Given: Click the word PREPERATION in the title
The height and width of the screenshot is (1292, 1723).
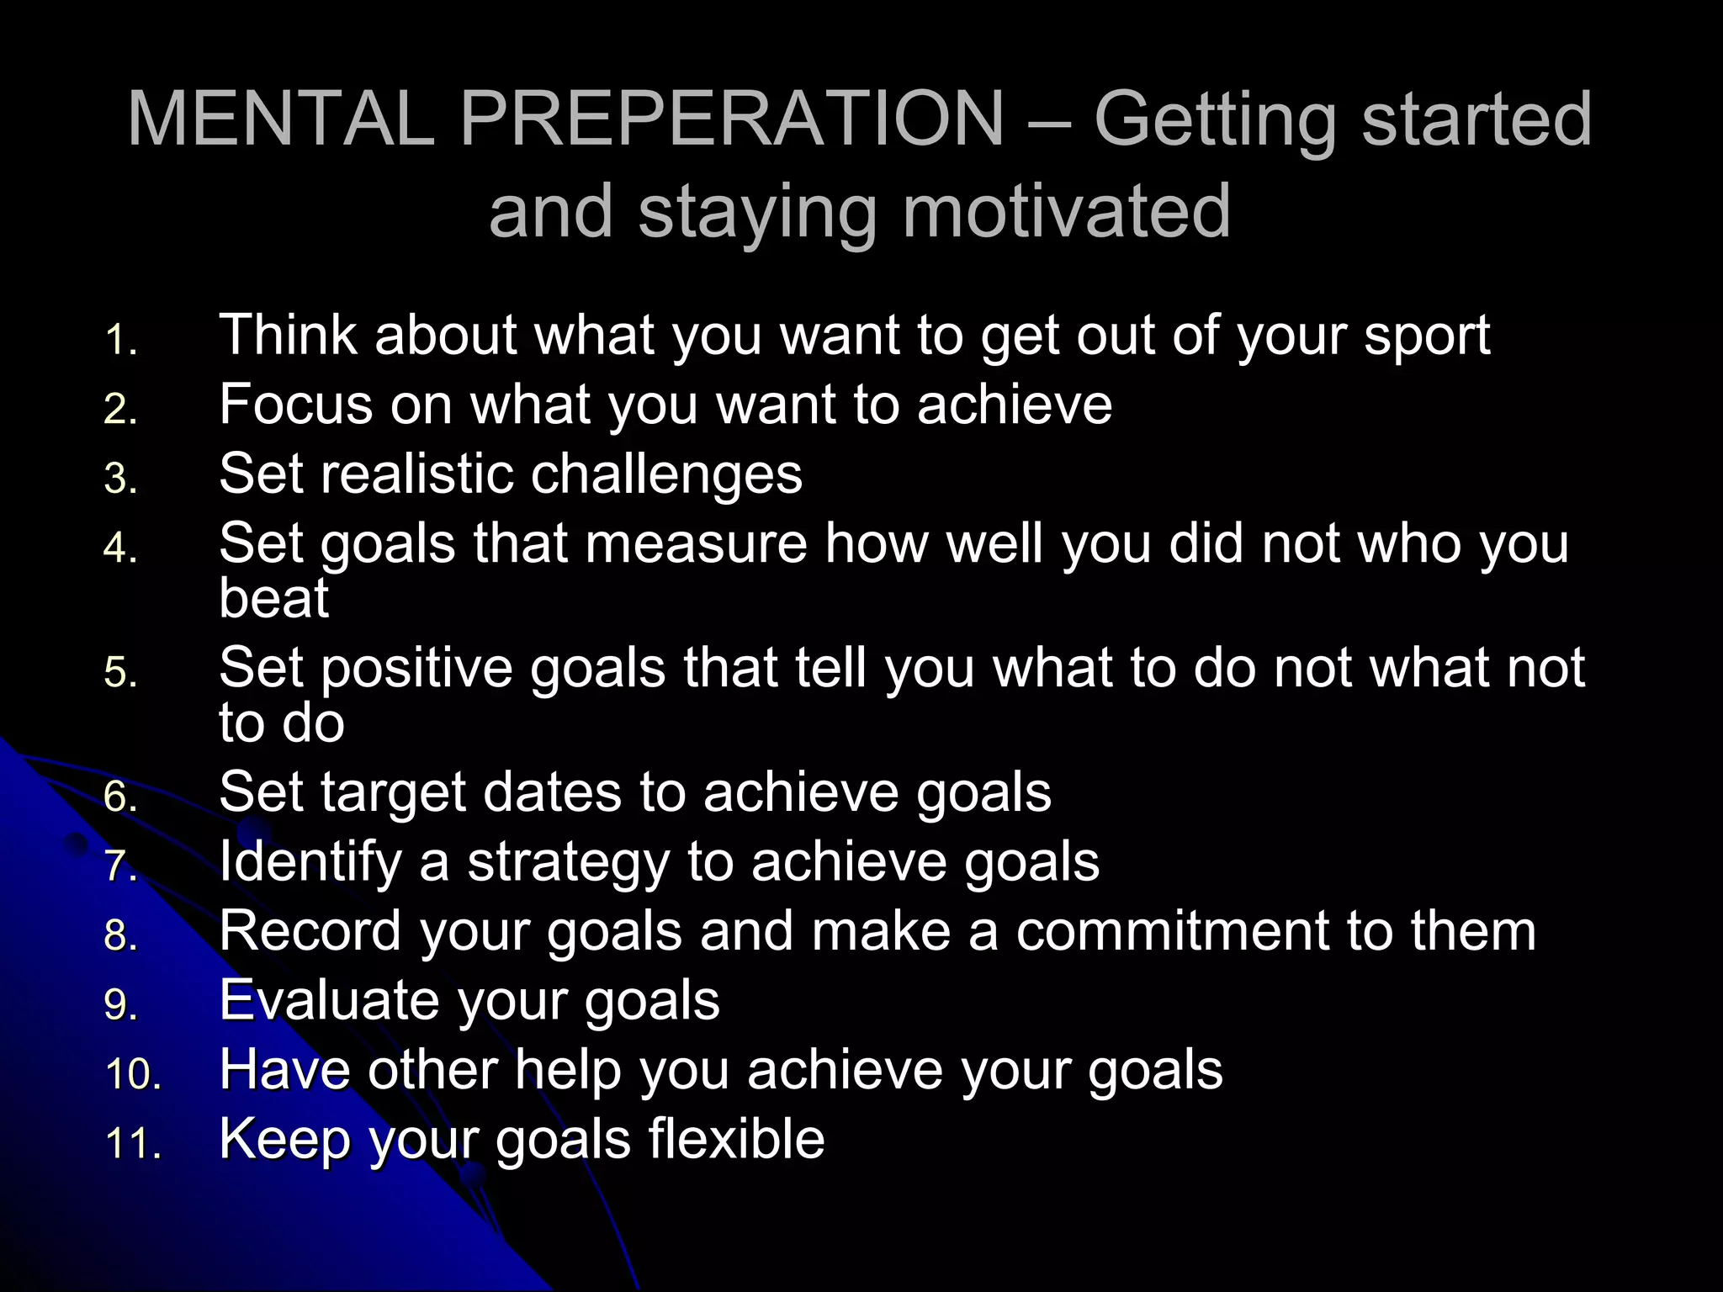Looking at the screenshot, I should pyautogui.click(x=732, y=119).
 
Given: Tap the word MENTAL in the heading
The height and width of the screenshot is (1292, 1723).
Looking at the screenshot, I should pyautogui.click(x=281, y=119).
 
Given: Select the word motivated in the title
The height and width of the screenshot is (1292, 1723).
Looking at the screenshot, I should pyautogui.click(x=1066, y=212).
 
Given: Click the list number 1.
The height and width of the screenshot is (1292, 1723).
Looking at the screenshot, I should pyautogui.click(x=121, y=342).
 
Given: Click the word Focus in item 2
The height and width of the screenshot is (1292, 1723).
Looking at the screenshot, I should pyautogui.click(x=295, y=405).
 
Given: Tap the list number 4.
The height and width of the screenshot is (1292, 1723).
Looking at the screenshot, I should pyautogui.click(x=121, y=549).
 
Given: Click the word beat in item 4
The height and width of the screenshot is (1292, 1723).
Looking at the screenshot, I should pyautogui.click(x=273, y=599).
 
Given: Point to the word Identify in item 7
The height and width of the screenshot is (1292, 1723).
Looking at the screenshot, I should pyautogui.click(x=310, y=864).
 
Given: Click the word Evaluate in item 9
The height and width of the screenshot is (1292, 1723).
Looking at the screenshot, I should pyautogui.click(x=329, y=1001).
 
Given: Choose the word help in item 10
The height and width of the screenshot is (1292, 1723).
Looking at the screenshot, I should pyautogui.click(x=567, y=1072).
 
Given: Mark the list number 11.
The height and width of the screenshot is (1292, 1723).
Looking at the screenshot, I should pyautogui.click(x=133, y=1145).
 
